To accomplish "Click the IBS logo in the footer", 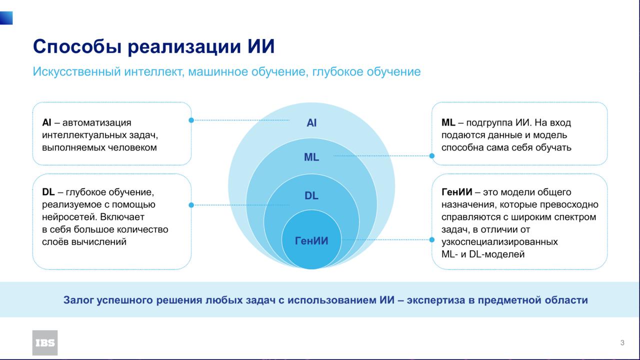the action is (45, 343).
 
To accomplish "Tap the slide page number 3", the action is (622, 342).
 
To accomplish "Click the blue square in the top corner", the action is (6, 18).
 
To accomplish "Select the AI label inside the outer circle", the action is (311, 123).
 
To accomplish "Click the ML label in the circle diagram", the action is (311, 157).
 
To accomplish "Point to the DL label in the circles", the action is (311, 195).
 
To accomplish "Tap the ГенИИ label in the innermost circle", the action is (311, 241).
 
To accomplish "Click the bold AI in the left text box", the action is (46, 122).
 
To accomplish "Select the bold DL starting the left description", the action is (48, 192).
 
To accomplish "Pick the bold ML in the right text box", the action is (448, 122).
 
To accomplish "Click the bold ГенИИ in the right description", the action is (456, 192).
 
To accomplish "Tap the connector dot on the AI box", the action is (191, 120).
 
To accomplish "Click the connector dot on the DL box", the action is (191, 205).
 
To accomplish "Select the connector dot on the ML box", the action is (432, 156).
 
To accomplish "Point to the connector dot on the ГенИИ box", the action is (432, 239).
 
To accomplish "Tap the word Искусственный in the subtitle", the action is (76, 71).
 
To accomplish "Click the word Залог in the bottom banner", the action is (78, 300).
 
